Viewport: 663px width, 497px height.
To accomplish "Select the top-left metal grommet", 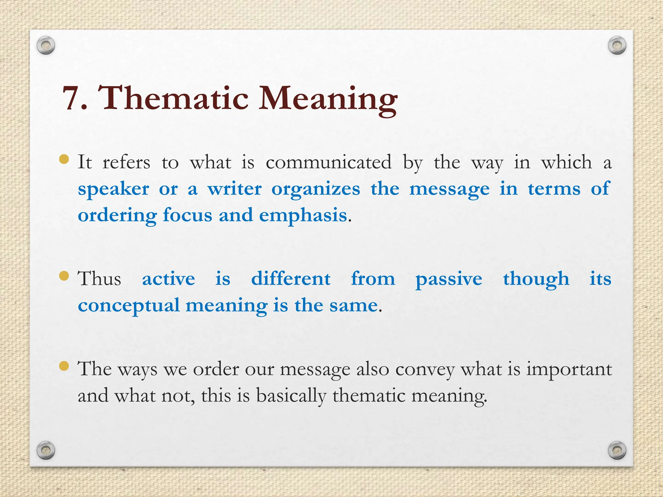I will pyautogui.click(x=46, y=46).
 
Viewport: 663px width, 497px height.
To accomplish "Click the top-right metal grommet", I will pyautogui.click(x=617, y=46).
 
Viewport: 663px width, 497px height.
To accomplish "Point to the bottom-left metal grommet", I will pyautogui.click(x=46, y=450).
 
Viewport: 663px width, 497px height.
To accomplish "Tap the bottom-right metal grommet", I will pyautogui.click(x=617, y=450).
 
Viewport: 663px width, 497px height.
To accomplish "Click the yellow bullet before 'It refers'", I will pyautogui.click(x=64, y=159).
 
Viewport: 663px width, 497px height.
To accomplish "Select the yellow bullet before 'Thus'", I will pyautogui.click(x=64, y=276).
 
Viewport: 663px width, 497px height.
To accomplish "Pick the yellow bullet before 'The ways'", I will pyautogui.click(x=64, y=366).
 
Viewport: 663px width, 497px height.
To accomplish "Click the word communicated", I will pyautogui.click(x=328, y=162).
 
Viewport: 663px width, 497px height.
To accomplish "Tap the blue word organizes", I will pyautogui.click(x=316, y=189).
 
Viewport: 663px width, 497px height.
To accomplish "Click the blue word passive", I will pyautogui.click(x=449, y=279).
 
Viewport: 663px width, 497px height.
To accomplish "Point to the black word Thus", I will pyautogui.click(x=99, y=279).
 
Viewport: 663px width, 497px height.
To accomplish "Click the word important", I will pyautogui.click(x=569, y=369).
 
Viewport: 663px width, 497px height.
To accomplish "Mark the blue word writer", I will pyautogui.click(x=234, y=189).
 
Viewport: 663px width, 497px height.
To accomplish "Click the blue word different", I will pyautogui.click(x=291, y=279).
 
